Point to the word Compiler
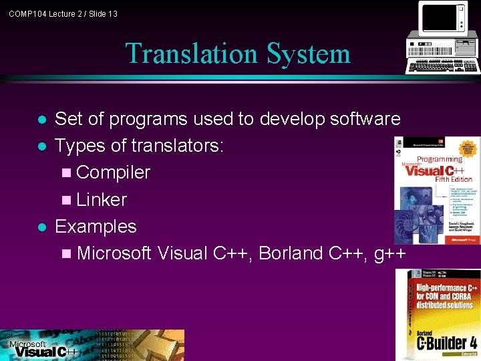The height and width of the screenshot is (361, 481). pos(113,172)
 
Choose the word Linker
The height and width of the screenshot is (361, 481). pos(102,199)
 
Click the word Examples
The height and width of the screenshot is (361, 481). pos(96,227)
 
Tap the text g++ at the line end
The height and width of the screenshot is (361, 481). pos(389,253)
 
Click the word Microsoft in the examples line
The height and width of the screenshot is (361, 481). pos(114,253)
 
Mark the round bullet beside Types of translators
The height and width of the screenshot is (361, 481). pos(42,146)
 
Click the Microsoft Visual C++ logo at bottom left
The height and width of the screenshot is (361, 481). pos(40,347)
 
